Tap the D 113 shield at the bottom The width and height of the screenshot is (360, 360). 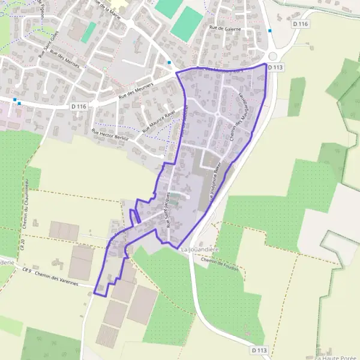point(259,350)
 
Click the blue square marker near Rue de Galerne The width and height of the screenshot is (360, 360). point(270,31)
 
